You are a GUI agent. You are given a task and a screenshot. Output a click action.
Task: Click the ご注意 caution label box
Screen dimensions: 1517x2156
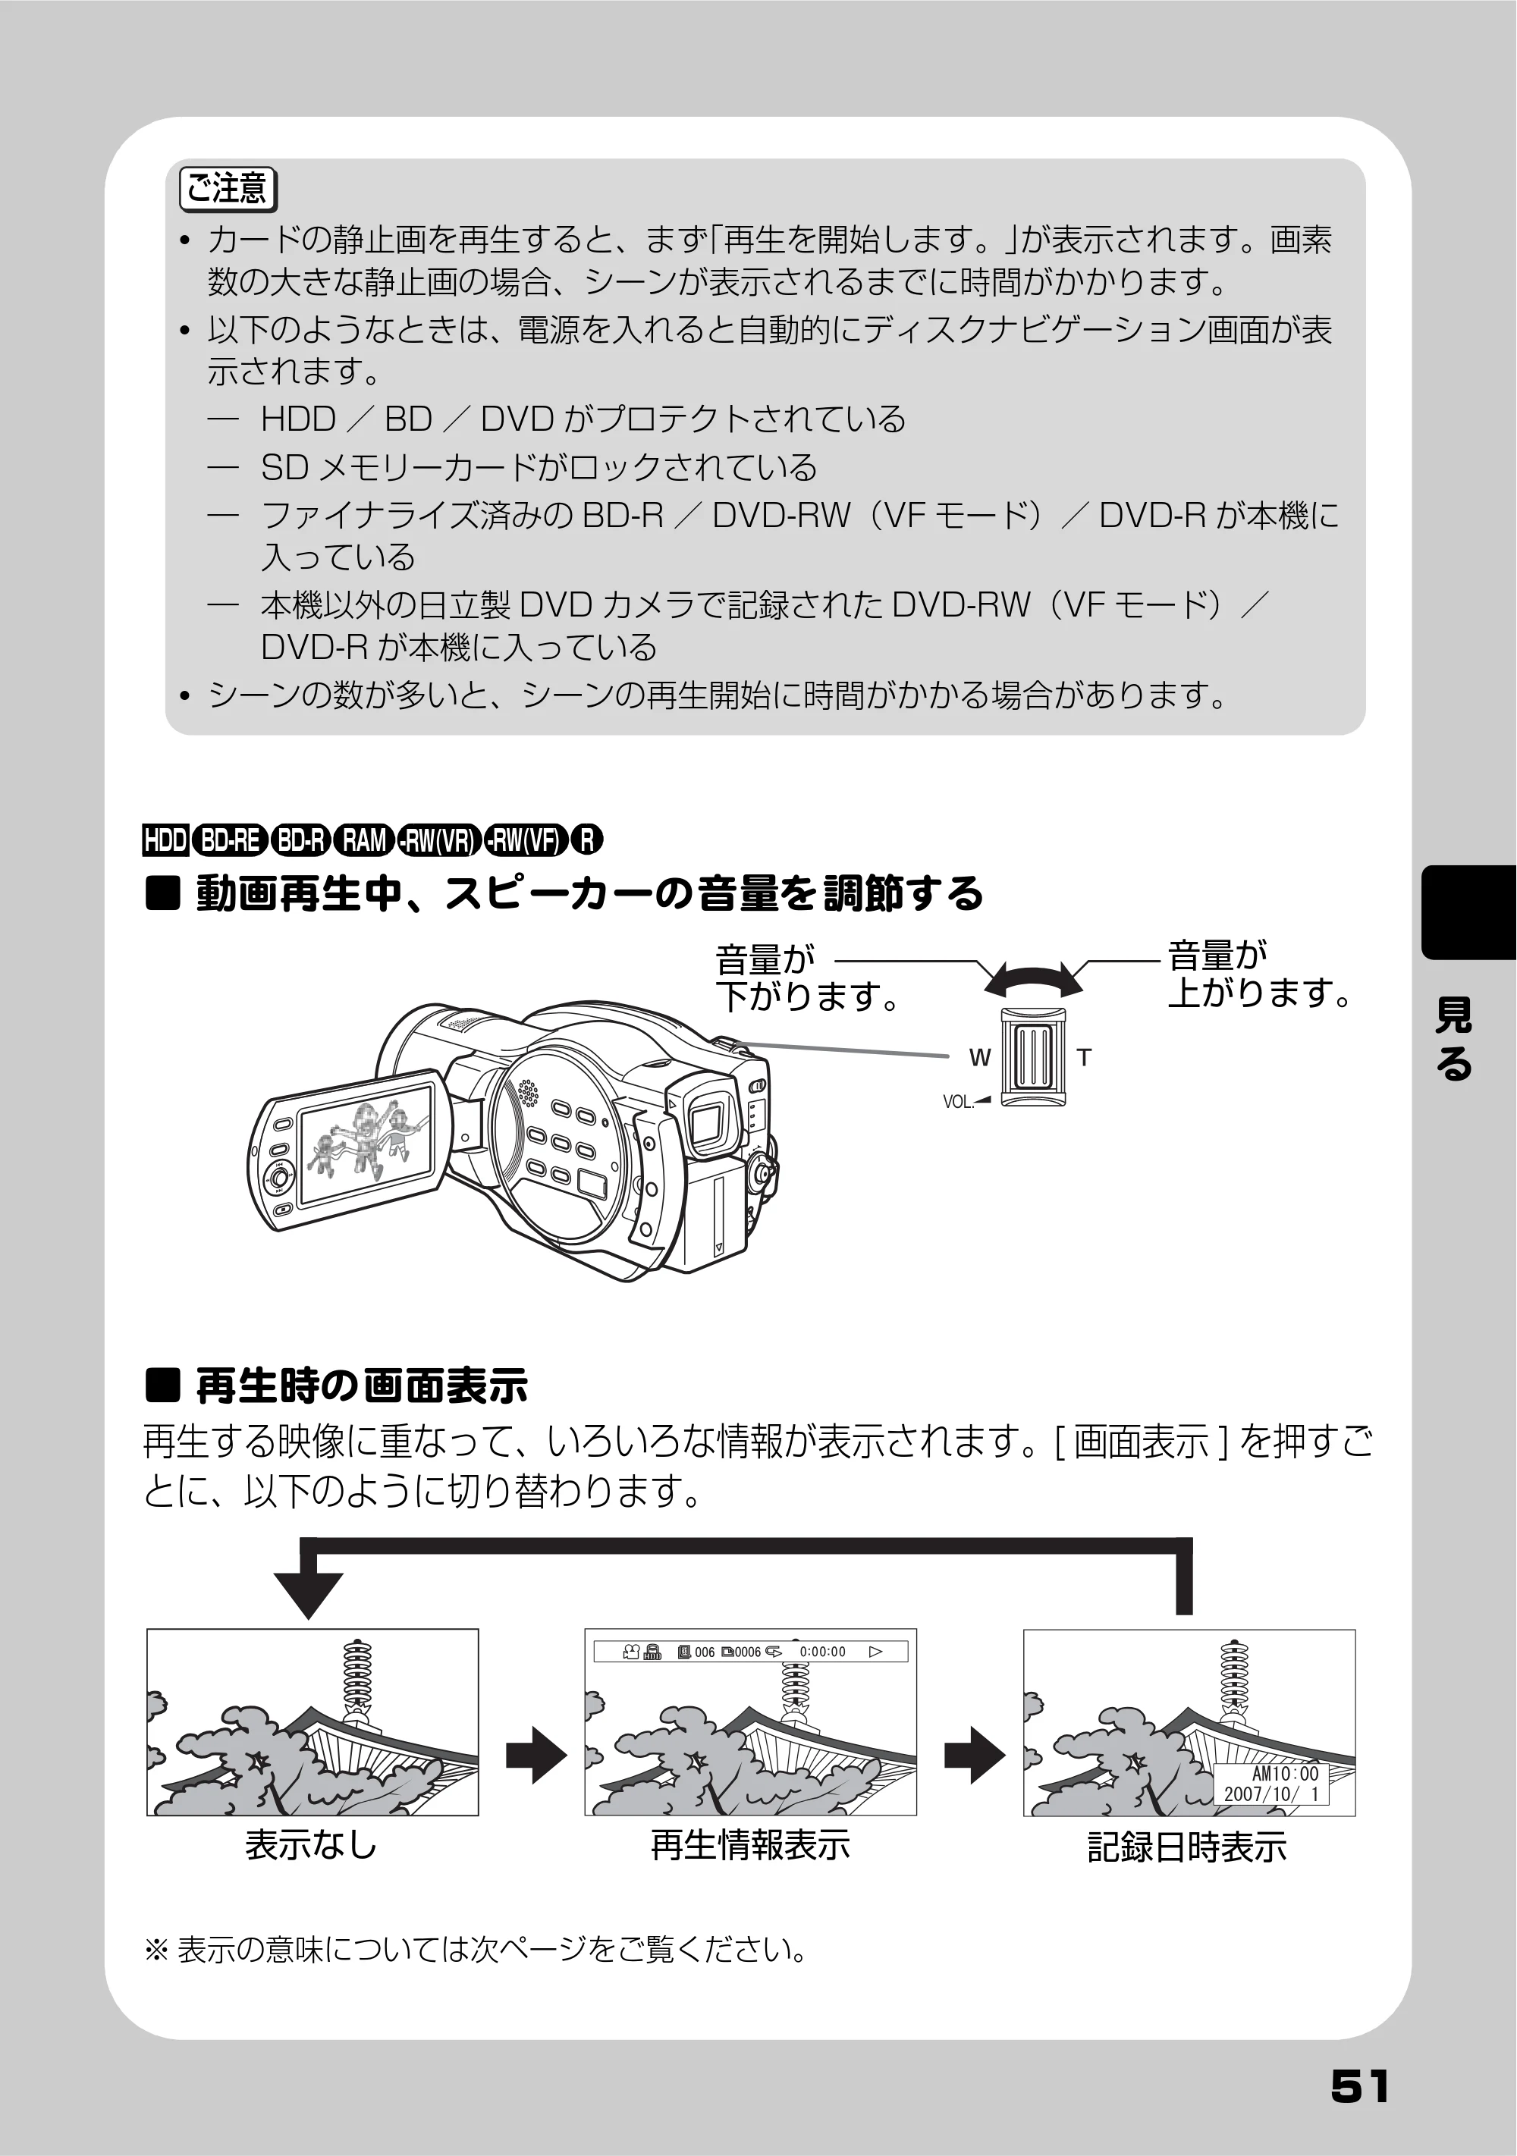(228, 189)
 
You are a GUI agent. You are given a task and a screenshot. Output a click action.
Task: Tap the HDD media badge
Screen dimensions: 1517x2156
(165, 839)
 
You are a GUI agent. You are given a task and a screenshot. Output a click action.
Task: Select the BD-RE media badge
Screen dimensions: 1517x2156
(229, 839)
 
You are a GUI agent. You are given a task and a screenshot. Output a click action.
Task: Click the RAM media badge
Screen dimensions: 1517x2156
(363, 839)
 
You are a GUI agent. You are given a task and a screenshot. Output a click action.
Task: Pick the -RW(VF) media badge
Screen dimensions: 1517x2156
(527, 839)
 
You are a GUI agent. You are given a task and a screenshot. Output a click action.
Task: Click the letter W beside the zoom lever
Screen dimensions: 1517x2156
(980, 1058)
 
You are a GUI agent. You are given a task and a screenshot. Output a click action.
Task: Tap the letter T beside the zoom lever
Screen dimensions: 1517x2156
(1084, 1058)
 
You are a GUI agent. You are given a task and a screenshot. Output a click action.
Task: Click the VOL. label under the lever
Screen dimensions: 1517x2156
(958, 1103)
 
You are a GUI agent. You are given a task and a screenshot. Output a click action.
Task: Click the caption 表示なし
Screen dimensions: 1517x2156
(311, 1845)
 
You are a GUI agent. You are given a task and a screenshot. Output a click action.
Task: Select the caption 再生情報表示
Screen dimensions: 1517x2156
(750, 1845)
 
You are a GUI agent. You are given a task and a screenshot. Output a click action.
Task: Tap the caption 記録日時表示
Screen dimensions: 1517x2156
(1187, 1847)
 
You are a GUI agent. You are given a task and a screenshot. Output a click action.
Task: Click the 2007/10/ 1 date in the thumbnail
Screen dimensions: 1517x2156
(1271, 1794)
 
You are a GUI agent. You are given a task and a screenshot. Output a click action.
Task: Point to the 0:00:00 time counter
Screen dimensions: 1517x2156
(822, 1652)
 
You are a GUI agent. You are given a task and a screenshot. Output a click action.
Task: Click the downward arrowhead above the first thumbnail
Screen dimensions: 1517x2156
(309, 1596)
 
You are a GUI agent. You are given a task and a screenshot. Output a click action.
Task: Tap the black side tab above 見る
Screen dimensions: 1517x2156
(1469, 911)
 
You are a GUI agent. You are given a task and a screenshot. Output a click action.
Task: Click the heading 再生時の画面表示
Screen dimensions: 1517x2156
(362, 1386)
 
